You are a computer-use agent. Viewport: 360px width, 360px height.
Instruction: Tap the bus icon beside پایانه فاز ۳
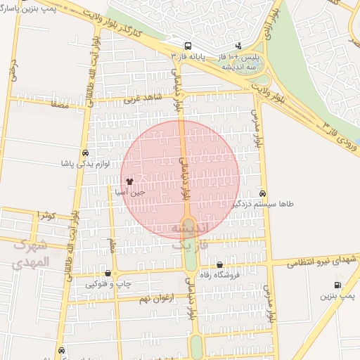(x=186, y=45)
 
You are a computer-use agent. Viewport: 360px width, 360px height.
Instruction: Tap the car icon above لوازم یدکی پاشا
(x=85, y=153)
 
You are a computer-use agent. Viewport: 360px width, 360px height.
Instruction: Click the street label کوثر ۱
(x=47, y=215)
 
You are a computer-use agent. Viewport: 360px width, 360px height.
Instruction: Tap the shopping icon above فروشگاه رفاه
(x=220, y=265)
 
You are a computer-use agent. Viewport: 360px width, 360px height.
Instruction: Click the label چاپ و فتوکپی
(x=109, y=284)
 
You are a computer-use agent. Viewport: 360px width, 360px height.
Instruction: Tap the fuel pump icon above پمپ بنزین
(x=338, y=285)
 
